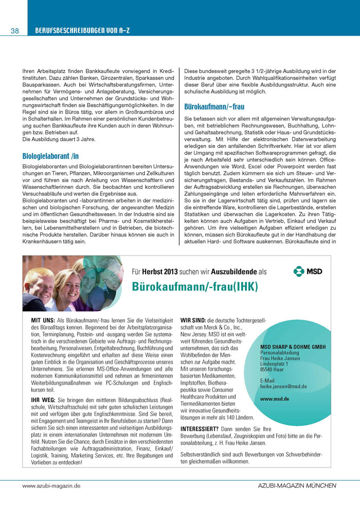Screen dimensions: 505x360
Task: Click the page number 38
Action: point(14,31)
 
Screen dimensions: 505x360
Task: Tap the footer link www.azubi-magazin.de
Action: point(51,485)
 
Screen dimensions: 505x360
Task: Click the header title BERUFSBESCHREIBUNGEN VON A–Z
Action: point(82,31)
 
